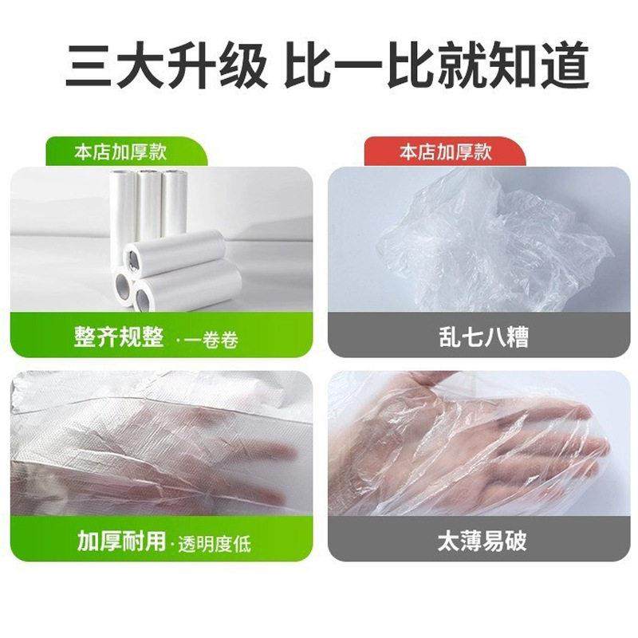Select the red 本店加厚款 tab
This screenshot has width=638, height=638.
(x=445, y=152)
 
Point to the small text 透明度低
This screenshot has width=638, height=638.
(x=213, y=543)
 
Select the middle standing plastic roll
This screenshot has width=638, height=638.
(x=149, y=203)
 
